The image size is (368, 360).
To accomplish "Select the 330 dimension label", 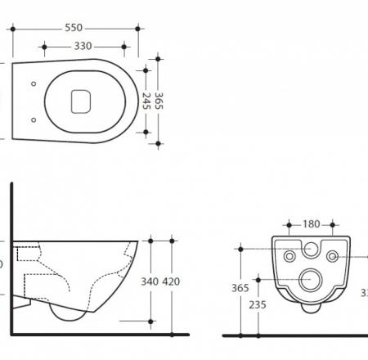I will [x=83, y=47].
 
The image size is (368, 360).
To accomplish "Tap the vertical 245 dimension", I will [x=146, y=100].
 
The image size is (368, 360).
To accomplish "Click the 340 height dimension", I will [x=150, y=282].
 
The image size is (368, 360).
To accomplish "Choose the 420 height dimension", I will [x=170, y=282].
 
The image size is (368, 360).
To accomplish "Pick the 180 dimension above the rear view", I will [x=312, y=224].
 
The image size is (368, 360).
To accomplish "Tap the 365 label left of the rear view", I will [x=240, y=288].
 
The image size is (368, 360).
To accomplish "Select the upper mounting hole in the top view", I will [x=33, y=83].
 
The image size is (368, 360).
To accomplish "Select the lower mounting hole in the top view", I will [x=33, y=119].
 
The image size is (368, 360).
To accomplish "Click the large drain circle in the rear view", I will [x=311, y=280].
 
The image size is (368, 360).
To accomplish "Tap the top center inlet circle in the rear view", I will [x=311, y=248].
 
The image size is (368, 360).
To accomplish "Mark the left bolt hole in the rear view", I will [x=289, y=257].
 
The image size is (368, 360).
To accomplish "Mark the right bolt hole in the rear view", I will [x=332, y=257].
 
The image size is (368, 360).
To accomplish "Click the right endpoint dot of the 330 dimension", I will [x=124, y=47].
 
